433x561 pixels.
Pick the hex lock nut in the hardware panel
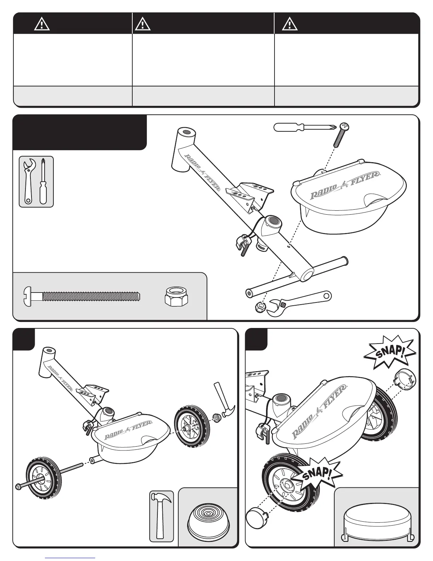pos(177,296)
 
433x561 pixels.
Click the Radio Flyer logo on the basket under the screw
pos(345,186)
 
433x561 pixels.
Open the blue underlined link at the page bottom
pos(70,558)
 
